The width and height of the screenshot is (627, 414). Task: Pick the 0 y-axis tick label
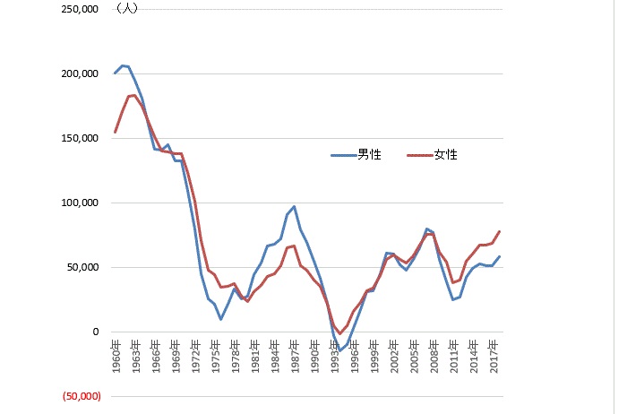click(93, 332)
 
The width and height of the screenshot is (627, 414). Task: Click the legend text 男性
click(369, 155)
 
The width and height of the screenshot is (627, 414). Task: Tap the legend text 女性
click(445, 155)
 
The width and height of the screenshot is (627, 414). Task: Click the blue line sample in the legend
click(343, 155)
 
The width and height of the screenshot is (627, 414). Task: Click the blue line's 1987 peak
click(294, 207)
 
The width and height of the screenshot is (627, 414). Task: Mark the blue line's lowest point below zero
click(339, 350)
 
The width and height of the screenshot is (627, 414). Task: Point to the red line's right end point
click(499, 231)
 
